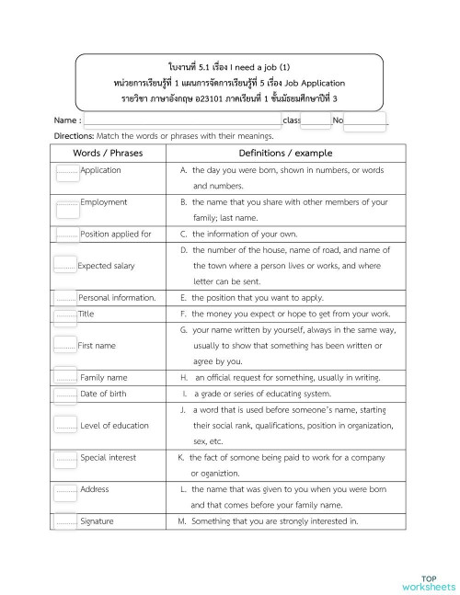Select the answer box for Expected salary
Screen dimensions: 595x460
pos(64,266)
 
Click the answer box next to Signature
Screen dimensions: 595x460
pos(65,521)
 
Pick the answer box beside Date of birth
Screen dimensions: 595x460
pos(65,395)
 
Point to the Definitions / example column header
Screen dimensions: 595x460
pos(285,153)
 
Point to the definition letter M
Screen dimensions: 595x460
pos(183,521)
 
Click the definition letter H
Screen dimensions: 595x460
pos(184,377)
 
